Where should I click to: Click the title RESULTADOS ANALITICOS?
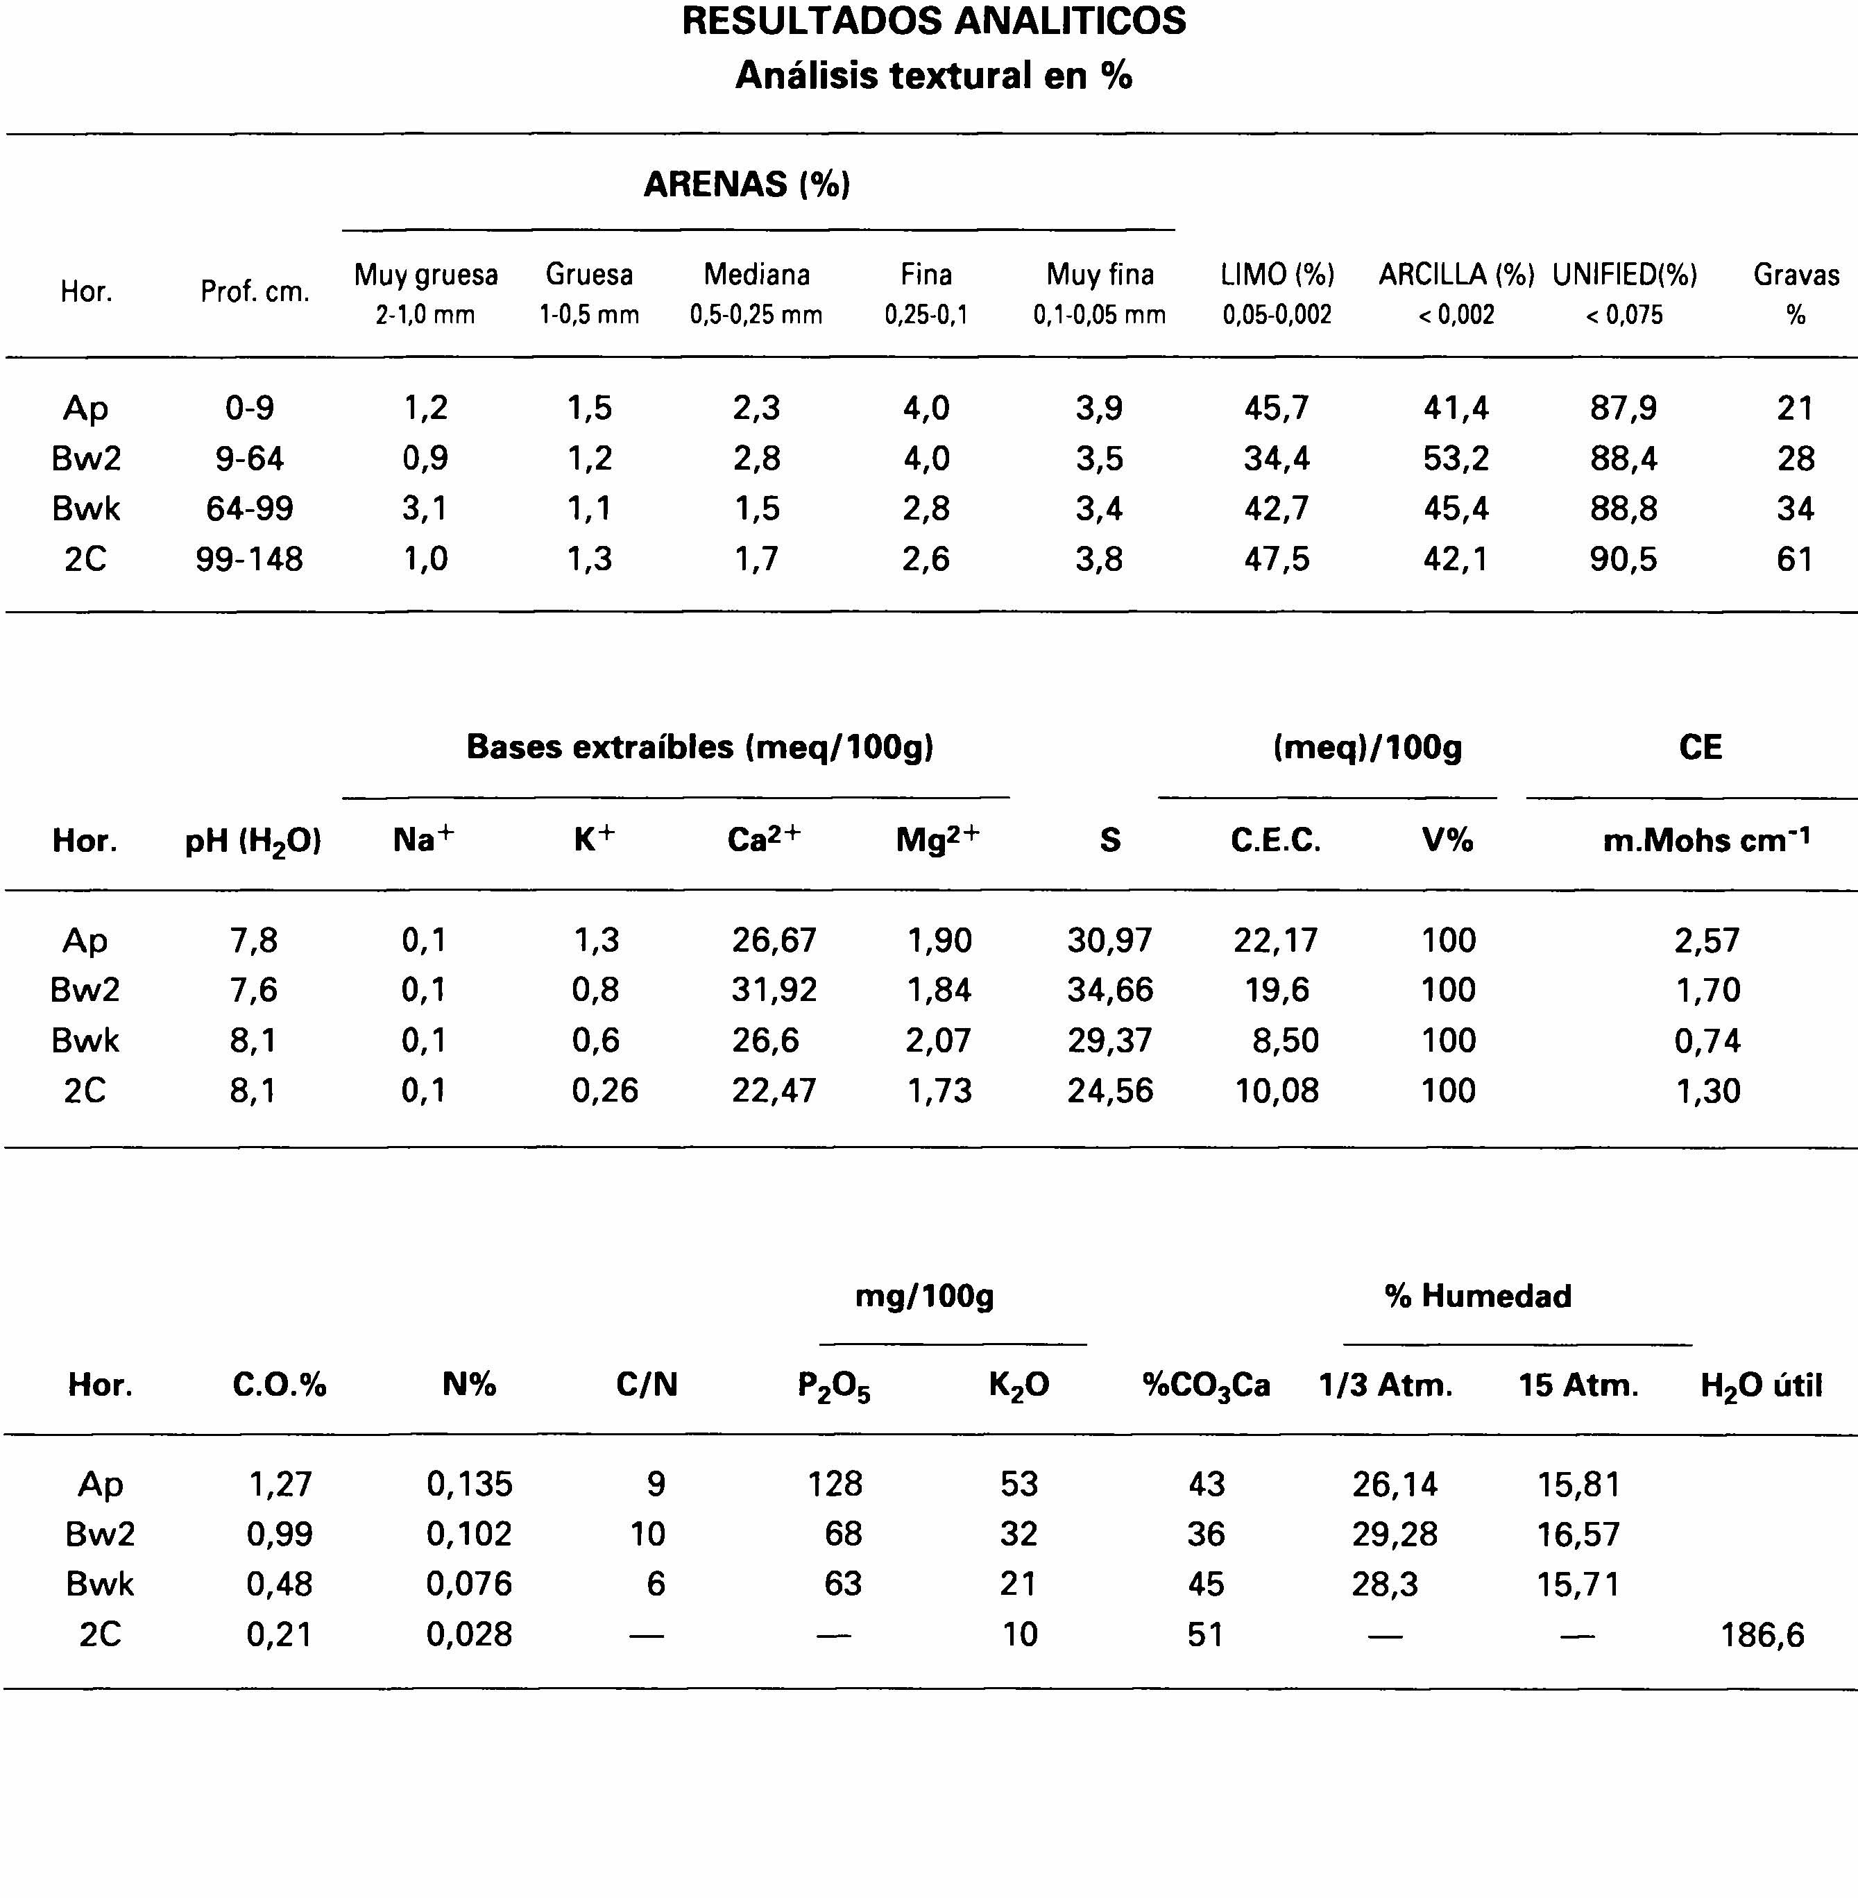pyautogui.click(x=933, y=22)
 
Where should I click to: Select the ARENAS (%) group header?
pyautogui.click(x=747, y=183)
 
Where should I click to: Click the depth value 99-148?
pyautogui.click(x=249, y=559)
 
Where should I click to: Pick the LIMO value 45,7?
pyautogui.click(x=1277, y=408)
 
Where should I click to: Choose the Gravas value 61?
pyautogui.click(x=1795, y=559)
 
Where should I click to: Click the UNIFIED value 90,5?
pyautogui.click(x=1623, y=559)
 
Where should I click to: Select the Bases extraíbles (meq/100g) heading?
pyautogui.click(x=699, y=746)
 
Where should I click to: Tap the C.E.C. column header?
pyautogui.click(x=1275, y=840)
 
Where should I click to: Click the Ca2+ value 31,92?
pyautogui.click(x=774, y=989)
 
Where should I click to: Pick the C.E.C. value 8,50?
pyautogui.click(x=1285, y=1041)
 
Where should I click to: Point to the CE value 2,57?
pyautogui.click(x=1707, y=940)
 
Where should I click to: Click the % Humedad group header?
pyautogui.click(x=1477, y=1296)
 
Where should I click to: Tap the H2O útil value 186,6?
pyautogui.click(x=1762, y=1634)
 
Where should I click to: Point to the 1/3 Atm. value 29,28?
pyautogui.click(x=1395, y=1534)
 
